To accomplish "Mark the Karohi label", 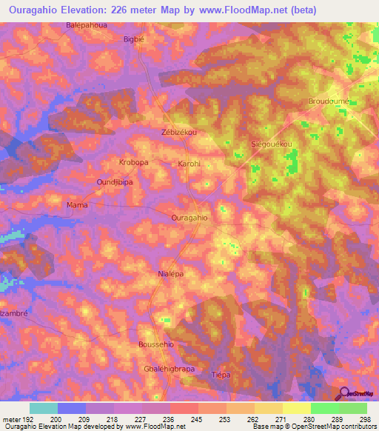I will click(189, 164).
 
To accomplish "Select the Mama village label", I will click(77, 204).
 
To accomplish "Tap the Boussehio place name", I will click(156, 344).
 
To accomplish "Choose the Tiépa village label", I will click(221, 375).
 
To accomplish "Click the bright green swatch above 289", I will click(324, 408).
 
